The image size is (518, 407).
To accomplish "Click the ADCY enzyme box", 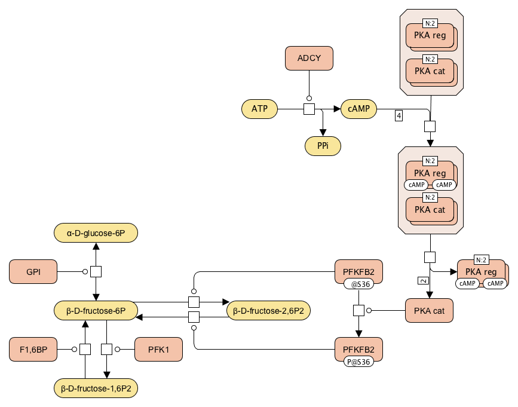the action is (x=309, y=58).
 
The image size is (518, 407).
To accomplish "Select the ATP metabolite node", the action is (x=259, y=109).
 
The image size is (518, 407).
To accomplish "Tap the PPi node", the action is (x=323, y=146).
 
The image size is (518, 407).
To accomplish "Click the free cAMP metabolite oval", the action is (x=358, y=109).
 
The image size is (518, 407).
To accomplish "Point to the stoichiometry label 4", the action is (x=399, y=115).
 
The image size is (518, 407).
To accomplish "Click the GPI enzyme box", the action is (x=33, y=271).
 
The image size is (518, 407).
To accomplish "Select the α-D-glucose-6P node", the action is (x=96, y=233).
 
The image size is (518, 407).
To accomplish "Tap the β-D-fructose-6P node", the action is (x=96, y=311).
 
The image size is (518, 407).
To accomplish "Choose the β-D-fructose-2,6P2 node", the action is (x=268, y=311).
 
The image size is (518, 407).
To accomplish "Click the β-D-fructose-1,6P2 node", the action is (x=96, y=388).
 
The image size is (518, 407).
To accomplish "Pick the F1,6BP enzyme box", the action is (x=33, y=349).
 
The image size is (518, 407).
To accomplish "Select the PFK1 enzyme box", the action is (x=158, y=349).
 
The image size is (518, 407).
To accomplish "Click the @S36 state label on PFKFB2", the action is (x=358, y=284).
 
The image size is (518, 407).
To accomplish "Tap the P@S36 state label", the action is (x=358, y=362).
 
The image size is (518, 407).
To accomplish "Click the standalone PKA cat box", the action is (x=429, y=311).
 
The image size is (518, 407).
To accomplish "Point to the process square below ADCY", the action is (x=309, y=109).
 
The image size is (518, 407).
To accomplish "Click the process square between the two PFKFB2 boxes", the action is (x=358, y=311).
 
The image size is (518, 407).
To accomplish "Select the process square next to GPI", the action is (x=96, y=271).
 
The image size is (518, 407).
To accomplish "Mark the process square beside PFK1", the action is (x=106, y=349).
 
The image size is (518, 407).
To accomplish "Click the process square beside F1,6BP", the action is (x=85, y=349).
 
